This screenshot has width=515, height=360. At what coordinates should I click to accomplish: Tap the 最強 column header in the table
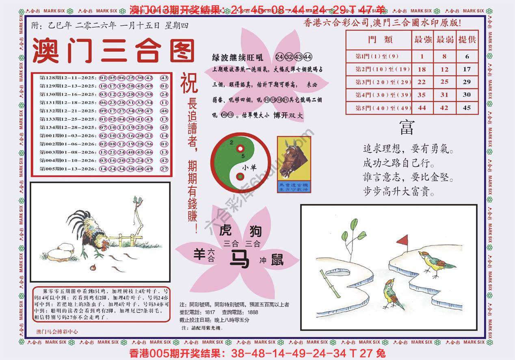[422, 40]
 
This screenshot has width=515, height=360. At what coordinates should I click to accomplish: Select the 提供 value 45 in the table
[467, 108]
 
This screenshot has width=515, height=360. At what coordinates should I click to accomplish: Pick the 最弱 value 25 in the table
[444, 82]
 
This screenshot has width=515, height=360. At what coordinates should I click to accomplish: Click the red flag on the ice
[402, 241]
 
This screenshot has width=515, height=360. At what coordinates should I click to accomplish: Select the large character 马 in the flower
[239, 259]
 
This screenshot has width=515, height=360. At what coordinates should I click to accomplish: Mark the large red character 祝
[189, 82]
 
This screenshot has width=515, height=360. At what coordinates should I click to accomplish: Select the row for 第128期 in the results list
[103, 78]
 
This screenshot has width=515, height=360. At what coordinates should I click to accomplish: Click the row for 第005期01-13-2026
[103, 169]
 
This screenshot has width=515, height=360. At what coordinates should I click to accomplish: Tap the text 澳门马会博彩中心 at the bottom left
[57, 332]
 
